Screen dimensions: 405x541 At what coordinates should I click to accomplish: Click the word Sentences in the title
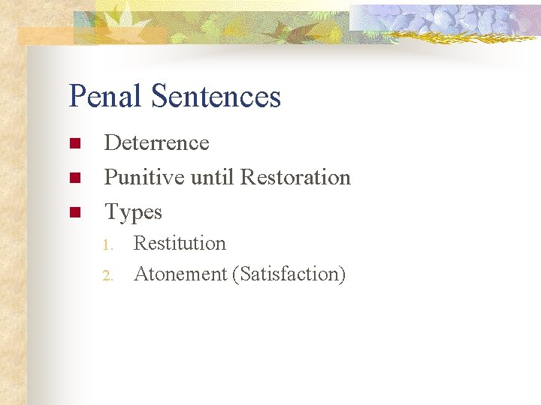pos(216,97)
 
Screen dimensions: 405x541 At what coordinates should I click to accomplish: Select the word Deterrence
pos(156,142)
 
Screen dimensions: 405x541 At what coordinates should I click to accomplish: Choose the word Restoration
pos(295,178)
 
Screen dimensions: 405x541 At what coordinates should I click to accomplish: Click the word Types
pos(133,213)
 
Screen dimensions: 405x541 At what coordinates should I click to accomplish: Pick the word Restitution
pos(180,244)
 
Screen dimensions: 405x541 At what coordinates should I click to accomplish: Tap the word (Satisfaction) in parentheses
pos(289,275)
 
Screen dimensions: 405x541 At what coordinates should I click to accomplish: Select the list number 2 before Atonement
pos(107,276)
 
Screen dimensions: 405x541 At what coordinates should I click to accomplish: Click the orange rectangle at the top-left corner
pos(45,35)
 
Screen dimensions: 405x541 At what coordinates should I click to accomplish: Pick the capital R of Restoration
pos(247,178)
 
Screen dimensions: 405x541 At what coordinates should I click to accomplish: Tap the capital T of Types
pos(111,212)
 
